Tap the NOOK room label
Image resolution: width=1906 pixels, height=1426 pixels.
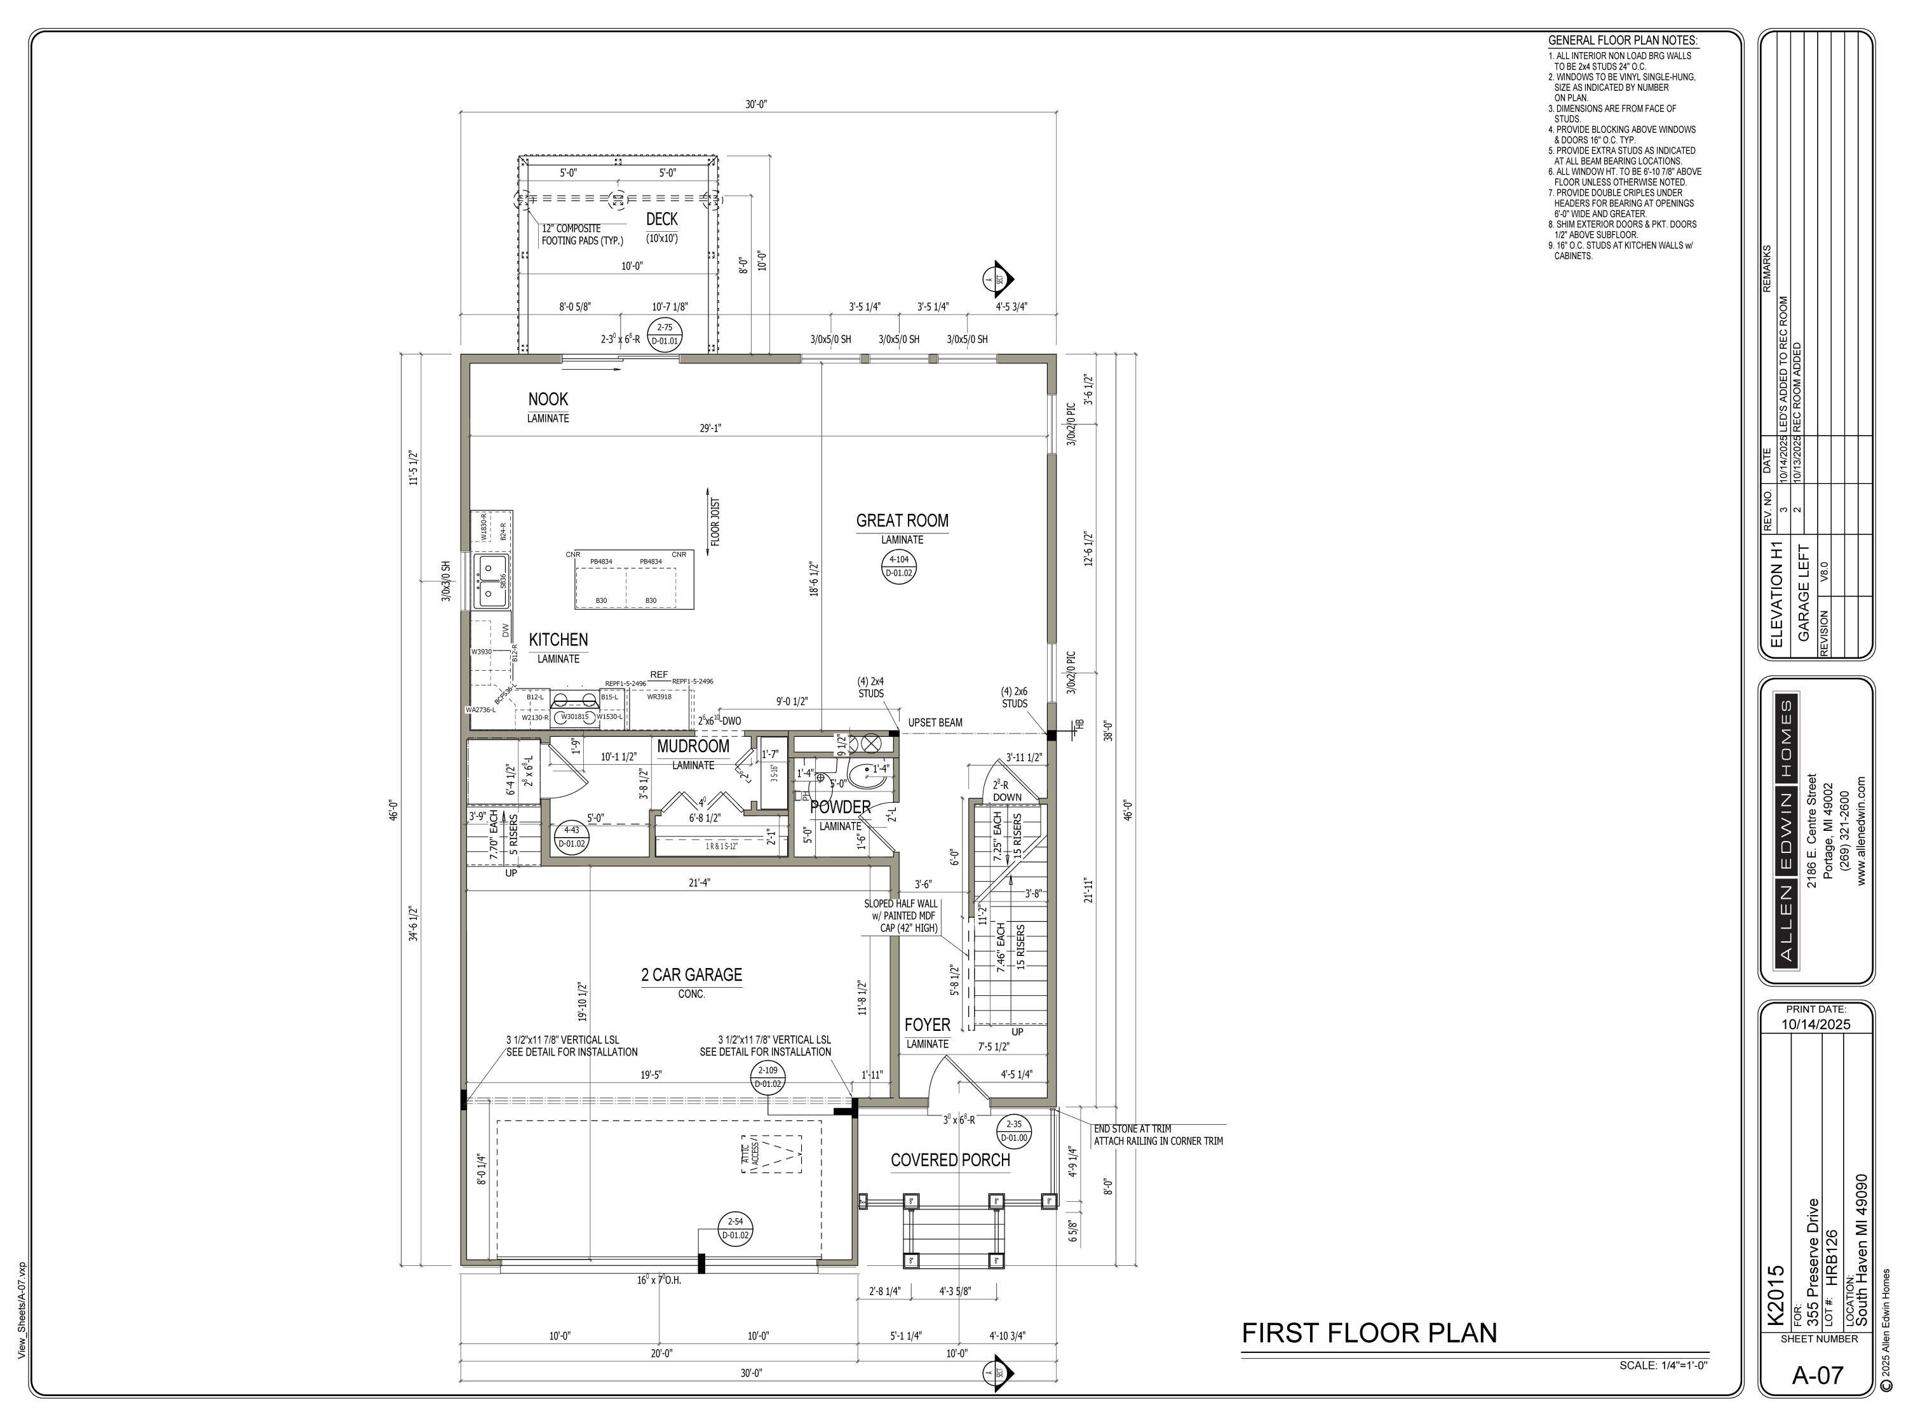[548, 399]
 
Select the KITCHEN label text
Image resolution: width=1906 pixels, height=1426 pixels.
[558, 640]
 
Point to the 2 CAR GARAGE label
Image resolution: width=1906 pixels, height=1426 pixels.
[691, 974]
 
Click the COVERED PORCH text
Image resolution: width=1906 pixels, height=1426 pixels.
[950, 1160]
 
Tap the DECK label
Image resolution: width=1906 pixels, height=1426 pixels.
[662, 219]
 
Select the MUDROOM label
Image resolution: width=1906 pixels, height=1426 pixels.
[693, 746]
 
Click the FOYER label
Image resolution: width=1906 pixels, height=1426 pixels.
[927, 1025]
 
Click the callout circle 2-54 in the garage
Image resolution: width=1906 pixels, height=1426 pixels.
[735, 1228]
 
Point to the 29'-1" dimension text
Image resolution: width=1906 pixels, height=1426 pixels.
[710, 427]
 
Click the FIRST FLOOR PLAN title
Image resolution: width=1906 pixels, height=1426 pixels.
[1369, 1333]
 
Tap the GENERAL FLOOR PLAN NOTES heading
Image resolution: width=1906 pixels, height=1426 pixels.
[1623, 41]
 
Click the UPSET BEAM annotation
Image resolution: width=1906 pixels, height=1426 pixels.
[935, 722]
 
